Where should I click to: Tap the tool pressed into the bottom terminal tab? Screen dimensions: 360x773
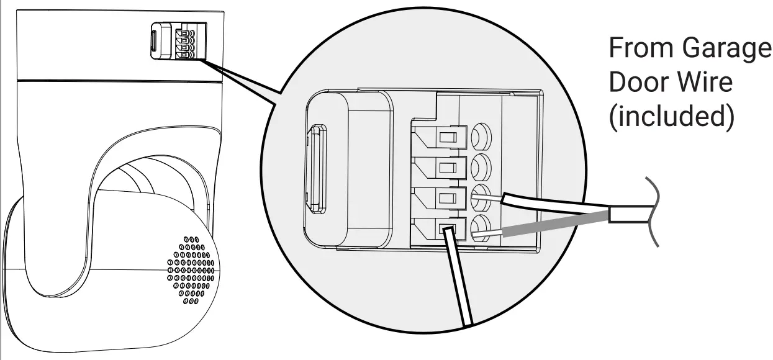point(459,279)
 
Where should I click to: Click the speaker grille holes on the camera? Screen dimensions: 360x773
point(191,271)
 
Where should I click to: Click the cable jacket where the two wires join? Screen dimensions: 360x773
point(627,215)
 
